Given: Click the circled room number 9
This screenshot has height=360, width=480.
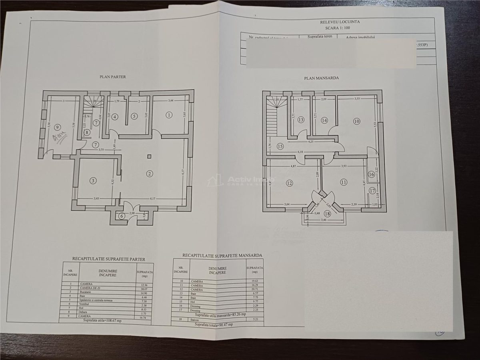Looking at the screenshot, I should (58, 128).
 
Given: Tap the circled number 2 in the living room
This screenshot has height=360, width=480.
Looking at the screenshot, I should (149, 174).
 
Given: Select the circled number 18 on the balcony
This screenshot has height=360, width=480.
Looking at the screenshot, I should (328, 214).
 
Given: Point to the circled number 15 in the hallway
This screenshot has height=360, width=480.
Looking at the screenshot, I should (280, 146).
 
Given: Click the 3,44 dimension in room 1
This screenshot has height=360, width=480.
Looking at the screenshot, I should (171, 100).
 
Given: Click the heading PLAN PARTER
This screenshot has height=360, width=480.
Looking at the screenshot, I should (113, 77).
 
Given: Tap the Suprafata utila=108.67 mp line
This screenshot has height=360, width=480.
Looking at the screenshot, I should (102, 320).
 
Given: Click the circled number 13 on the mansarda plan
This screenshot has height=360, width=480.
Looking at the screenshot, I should (301, 120).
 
